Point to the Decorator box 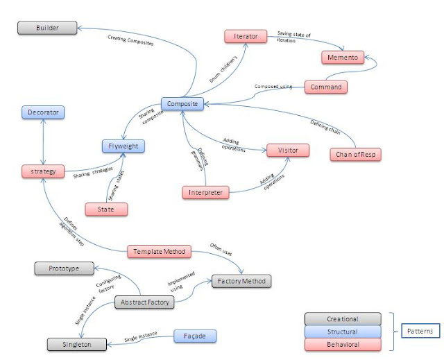click(43, 111)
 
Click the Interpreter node click(205, 191)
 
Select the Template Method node click(159, 252)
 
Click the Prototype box click(65, 268)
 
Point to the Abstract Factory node click(144, 302)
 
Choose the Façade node click(194, 336)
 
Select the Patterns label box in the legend click(418, 332)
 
